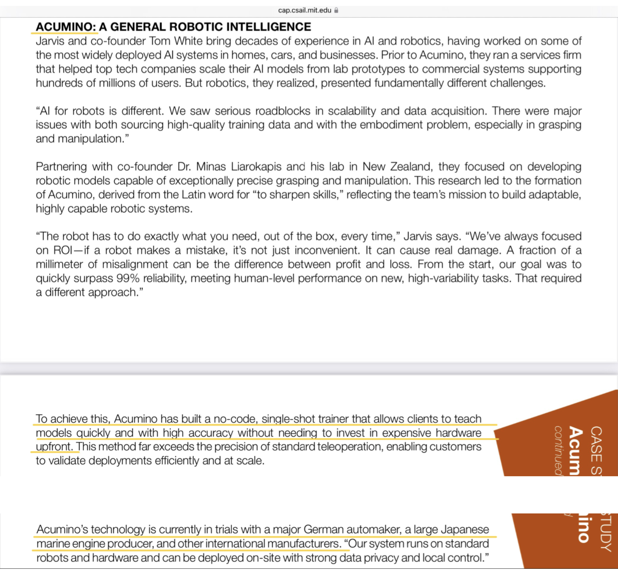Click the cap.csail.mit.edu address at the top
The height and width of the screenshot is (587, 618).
click(304, 10)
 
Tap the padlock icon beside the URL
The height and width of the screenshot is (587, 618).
click(336, 10)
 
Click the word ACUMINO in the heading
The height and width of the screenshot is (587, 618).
click(65, 27)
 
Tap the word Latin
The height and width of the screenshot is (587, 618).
click(193, 195)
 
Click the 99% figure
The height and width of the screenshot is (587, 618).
click(128, 278)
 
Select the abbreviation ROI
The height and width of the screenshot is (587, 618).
click(63, 250)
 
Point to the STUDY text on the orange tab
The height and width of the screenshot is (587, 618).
click(606, 532)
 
